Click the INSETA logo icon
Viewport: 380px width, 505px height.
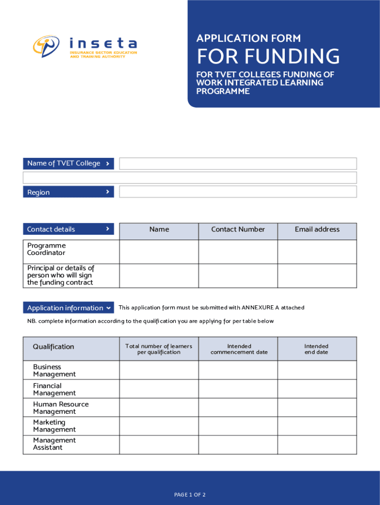point(46,47)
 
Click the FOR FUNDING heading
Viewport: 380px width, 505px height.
point(268,57)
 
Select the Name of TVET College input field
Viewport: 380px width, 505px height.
point(238,164)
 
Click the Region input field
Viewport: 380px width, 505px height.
point(238,192)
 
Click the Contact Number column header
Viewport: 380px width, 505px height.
point(238,229)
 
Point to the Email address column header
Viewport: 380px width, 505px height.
point(317,229)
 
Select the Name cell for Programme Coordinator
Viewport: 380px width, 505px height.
point(159,252)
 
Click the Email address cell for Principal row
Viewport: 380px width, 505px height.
point(317,276)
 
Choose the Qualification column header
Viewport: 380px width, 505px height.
point(53,347)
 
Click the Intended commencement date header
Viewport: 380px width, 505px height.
point(239,349)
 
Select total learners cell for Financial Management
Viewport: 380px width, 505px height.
point(159,389)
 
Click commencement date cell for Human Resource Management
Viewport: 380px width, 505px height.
point(238,407)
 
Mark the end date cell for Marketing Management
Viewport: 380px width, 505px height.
point(317,426)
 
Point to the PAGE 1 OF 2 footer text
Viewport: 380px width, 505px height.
point(190,495)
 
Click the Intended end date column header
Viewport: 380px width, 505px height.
point(316,349)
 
